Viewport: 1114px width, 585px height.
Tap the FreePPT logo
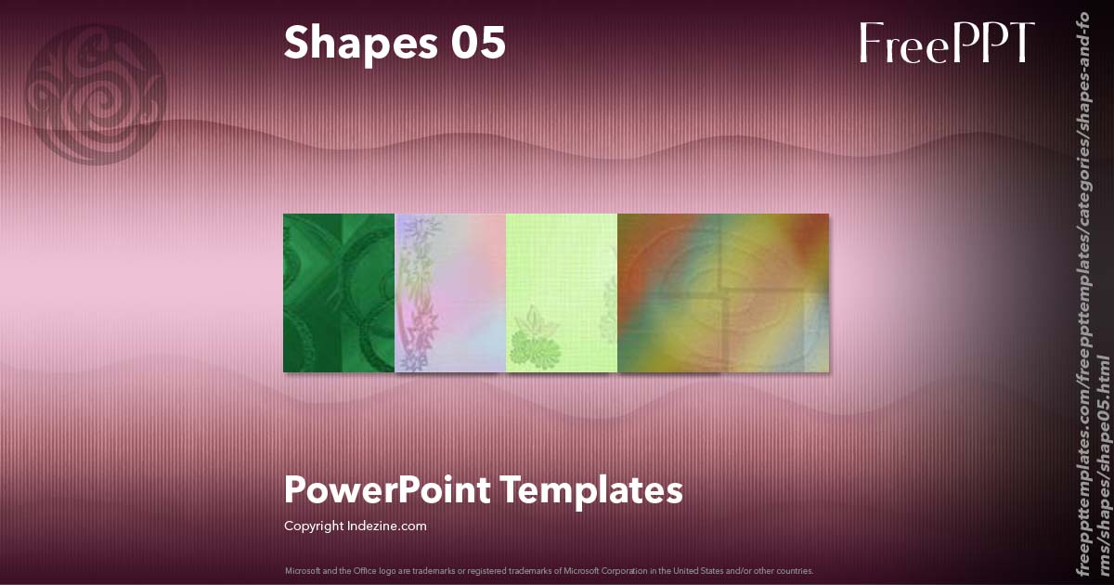point(946,44)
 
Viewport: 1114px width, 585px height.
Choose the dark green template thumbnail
point(339,292)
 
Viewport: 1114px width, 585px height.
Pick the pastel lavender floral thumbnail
point(450,292)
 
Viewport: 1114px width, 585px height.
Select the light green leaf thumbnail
point(562,292)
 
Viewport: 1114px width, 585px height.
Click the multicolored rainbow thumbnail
point(723,292)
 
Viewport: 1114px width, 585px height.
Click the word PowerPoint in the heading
point(385,489)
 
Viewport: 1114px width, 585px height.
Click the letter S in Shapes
point(297,43)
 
